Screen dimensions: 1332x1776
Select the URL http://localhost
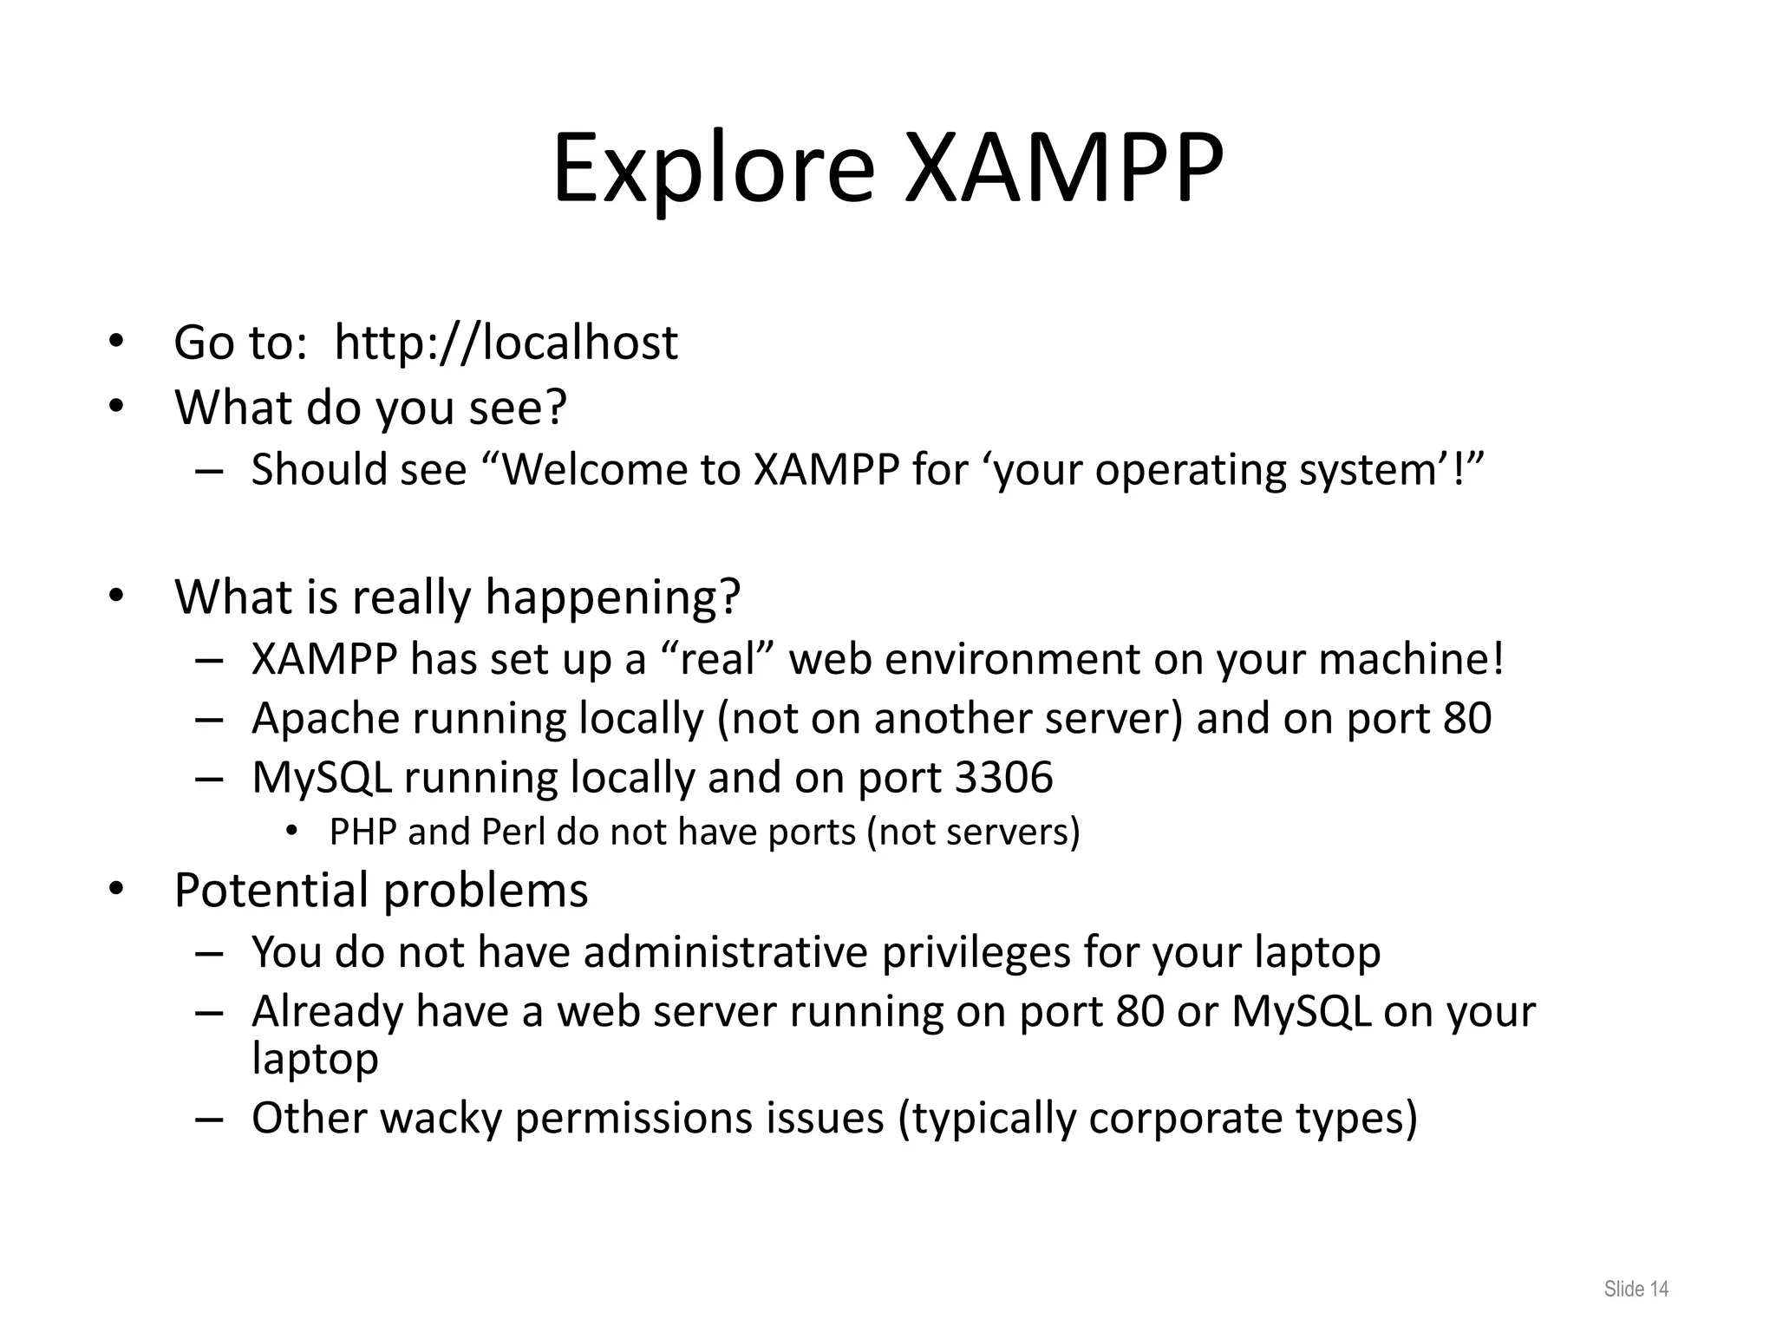506,343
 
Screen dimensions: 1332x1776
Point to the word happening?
613,597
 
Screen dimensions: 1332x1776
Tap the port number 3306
1003,777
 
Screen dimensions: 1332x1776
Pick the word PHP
362,832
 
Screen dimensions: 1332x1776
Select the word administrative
725,952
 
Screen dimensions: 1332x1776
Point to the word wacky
441,1118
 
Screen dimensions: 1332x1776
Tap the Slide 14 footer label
1636,1289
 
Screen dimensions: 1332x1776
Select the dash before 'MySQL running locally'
209,778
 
